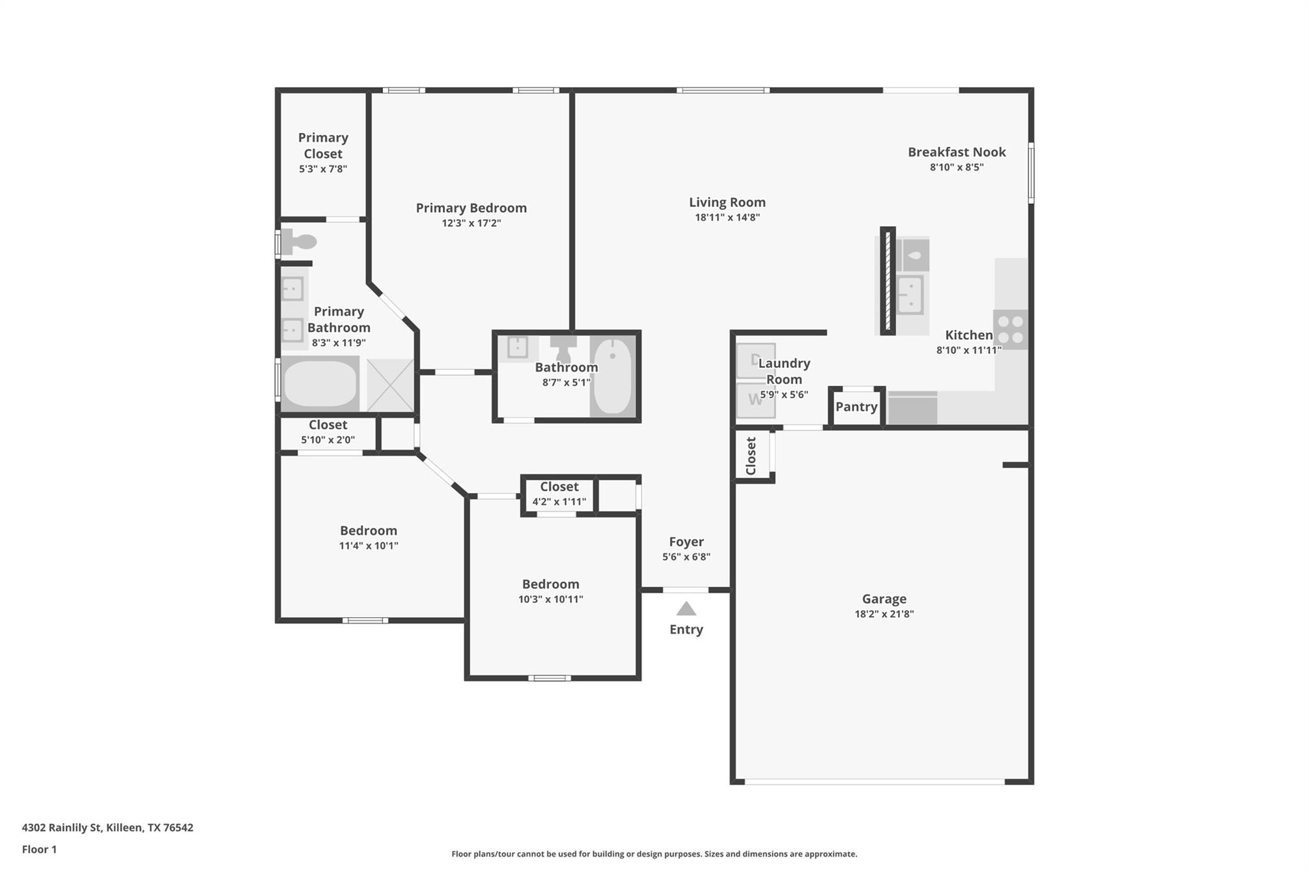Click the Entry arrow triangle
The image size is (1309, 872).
click(686, 609)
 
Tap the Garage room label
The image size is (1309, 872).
click(884, 599)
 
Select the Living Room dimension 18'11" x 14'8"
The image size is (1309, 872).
click(727, 218)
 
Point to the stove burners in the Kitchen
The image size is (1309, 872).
click(1011, 330)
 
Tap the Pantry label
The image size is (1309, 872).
click(856, 407)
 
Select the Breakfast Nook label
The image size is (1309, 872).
click(956, 152)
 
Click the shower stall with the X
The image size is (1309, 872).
click(390, 385)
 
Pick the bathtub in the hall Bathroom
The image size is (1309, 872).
click(612, 376)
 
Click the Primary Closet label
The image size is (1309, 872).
click(323, 146)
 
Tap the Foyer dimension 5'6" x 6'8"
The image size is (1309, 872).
click(686, 557)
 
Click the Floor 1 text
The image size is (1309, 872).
click(39, 850)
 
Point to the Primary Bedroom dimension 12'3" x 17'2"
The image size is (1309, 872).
click(471, 224)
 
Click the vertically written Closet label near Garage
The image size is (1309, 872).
click(751, 455)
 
